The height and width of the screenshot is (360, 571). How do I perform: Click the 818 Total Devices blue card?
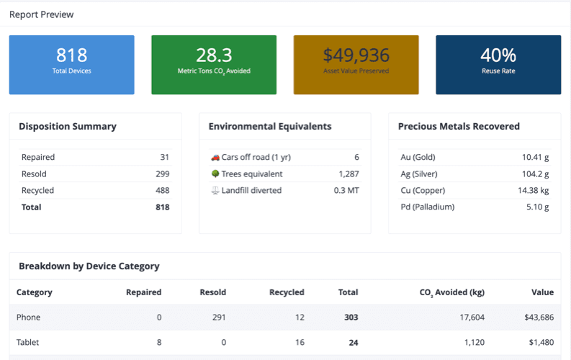coord(71,64)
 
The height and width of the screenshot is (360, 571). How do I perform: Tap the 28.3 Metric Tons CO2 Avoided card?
coord(214,64)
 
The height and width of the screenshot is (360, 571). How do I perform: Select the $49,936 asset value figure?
coord(356,55)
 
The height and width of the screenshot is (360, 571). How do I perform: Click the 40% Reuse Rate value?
coord(498,55)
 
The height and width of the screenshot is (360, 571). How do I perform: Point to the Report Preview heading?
coord(41,14)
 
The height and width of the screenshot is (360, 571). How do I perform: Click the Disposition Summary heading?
coord(67,126)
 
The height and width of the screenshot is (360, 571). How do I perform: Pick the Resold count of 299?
coord(162,174)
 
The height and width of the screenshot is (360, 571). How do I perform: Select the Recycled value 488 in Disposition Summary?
coord(162,190)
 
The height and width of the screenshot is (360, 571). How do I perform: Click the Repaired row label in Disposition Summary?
coord(38,157)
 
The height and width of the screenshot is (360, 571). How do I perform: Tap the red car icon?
coord(215,157)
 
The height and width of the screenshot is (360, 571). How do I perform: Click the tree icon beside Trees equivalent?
coord(215,174)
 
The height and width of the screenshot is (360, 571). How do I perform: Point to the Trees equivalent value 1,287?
coord(349,174)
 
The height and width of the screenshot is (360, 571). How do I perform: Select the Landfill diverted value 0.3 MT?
coord(346,190)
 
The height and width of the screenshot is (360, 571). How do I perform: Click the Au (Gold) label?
coord(418,157)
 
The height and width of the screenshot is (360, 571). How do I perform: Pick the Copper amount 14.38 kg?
coord(533,190)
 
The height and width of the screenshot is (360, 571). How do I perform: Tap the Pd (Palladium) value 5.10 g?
coord(537,207)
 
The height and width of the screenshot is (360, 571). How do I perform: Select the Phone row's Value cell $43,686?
coord(535,317)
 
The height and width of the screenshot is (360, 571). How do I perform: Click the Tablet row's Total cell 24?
coord(353,343)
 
